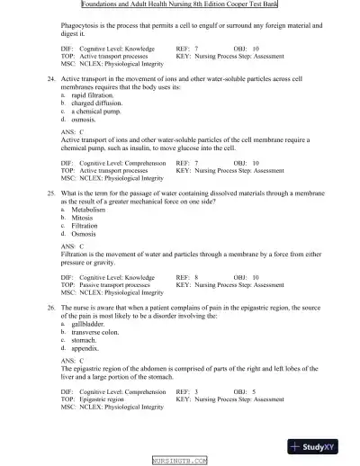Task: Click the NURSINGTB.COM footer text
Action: (x=180, y=461)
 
